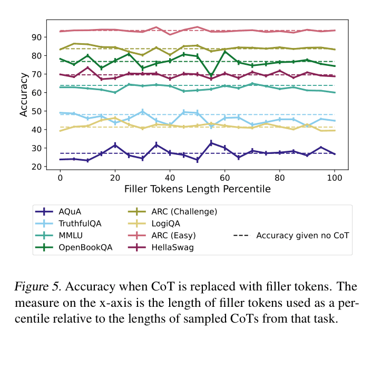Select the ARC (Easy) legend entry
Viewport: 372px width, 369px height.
tap(176, 235)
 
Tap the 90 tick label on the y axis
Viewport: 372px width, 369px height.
tap(37, 37)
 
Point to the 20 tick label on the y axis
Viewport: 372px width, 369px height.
tap(37, 167)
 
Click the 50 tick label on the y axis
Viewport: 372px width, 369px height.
tap(37, 111)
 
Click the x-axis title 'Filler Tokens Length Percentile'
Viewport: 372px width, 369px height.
tap(197, 189)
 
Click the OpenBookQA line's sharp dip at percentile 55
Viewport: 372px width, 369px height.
tap(211, 75)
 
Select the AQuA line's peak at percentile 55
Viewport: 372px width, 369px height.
tap(211, 143)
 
